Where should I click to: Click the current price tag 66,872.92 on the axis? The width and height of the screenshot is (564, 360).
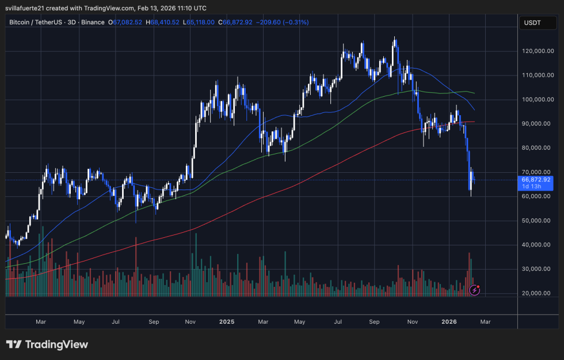coord(536,179)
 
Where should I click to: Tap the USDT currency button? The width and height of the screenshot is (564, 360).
coord(532,22)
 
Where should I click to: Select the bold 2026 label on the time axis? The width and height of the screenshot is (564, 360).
coord(449,321)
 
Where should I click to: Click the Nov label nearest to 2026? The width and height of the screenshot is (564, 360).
coord(412,321)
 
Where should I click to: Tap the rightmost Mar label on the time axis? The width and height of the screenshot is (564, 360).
coord(485,321)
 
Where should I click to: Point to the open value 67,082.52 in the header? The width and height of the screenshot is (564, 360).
coord(128,22)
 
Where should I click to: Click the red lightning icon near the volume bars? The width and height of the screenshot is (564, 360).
coord(474,289)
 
